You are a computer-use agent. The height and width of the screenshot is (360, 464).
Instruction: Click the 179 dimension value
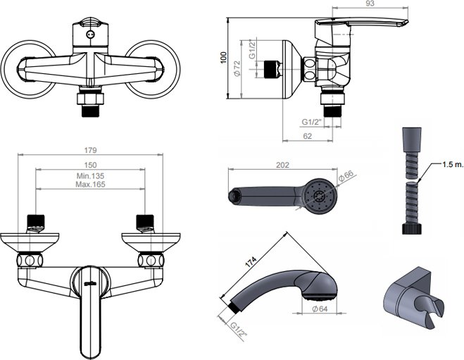(x=90, y=150)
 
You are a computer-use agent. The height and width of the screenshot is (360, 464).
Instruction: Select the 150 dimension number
(x=90, y=165)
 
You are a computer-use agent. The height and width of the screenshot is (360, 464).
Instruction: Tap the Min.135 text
(x=90, y=176)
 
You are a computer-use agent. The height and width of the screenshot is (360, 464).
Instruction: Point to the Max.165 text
(x=90, y=184)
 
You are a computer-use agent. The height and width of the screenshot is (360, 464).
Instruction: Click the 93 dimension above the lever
(x=370, y=4)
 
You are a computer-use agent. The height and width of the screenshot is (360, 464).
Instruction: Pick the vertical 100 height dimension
(x=224, y=58)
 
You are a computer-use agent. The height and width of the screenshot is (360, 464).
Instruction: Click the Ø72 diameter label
(x=237, y=68)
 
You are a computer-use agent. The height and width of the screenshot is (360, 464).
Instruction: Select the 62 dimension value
(x=308, y=136)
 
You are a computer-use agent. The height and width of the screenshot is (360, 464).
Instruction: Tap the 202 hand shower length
(x=282, y=165)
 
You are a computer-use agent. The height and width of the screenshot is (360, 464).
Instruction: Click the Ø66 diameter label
(x=346, y=175)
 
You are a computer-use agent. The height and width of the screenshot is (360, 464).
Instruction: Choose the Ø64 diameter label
(x=320, y=309)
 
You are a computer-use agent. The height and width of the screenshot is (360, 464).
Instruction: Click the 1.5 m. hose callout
(x=453, y=165)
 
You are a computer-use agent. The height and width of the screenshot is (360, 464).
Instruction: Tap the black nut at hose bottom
(x=411, y=229)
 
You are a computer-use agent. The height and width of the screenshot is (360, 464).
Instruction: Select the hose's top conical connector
(x=412, y=139)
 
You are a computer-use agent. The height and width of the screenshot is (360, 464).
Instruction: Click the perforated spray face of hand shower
(x=319, y=196)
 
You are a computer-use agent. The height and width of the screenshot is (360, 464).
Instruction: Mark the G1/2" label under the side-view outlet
(x=311, y=122)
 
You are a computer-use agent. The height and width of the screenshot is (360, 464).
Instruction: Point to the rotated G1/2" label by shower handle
(x=239, y=330)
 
